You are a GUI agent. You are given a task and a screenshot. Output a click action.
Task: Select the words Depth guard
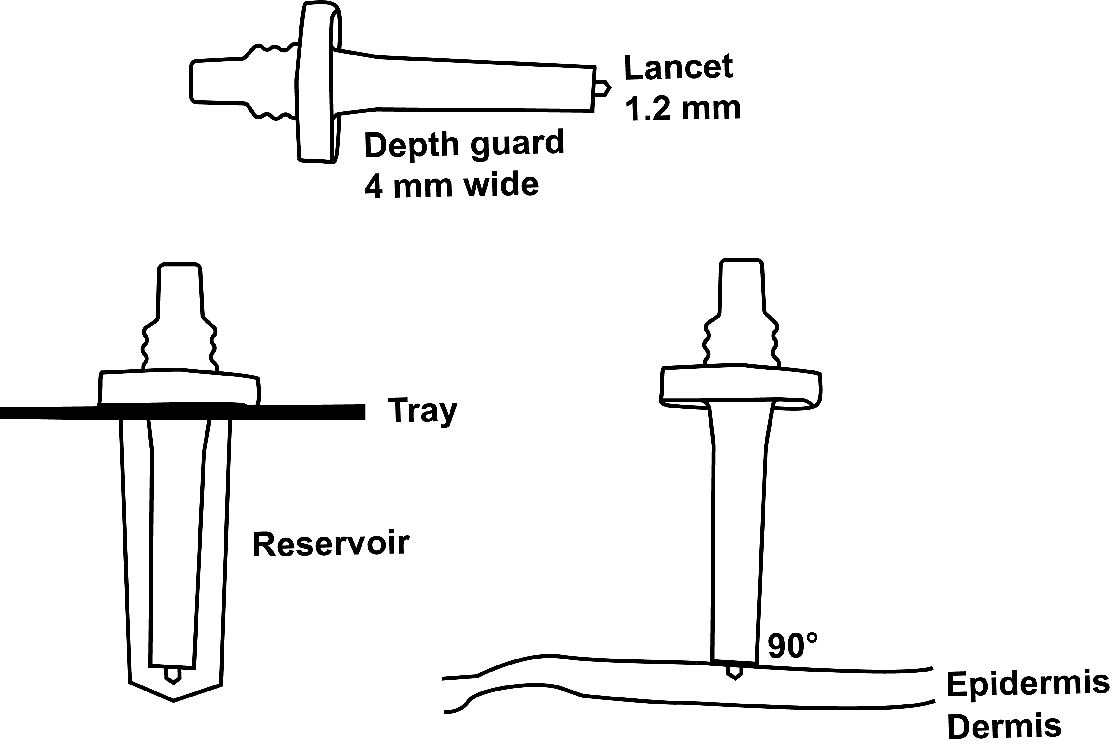(464, 144)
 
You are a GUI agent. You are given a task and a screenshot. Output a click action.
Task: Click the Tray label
(422, 411)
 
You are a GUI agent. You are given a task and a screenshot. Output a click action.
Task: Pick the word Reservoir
(331, 544)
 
